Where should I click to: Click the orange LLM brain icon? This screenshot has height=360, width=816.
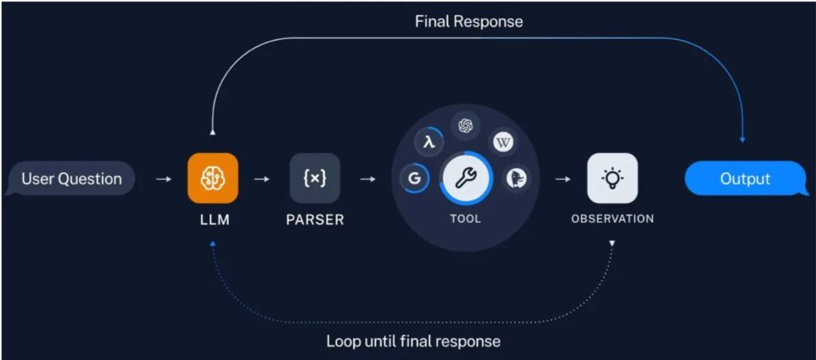pyautogui.click(x=213, y=178)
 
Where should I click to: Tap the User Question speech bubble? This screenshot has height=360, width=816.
pyautogui.click(x=71, y=179)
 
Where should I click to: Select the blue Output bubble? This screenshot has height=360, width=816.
pyautogui.click(x=746, y=179)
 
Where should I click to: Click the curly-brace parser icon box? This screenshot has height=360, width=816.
pyautogui.click(x=315, y=178)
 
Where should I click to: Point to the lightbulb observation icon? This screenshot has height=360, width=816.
pyautogui.click(x=612, y=178)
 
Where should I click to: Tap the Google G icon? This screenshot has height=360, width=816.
pyautogui.click(x=414, y=179)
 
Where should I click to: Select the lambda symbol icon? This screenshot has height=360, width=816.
pyautogui.click(x=430, y=143)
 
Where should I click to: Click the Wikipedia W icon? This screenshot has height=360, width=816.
pyautogui.click(x=503, y=143)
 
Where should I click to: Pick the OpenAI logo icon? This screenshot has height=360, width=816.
pyautogui.click(x=466, y=125)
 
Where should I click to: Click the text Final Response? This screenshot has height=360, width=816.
pyautogui.click(x=469, y=22)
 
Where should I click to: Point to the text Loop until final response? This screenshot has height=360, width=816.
pyautogui.click(x=414, y=342)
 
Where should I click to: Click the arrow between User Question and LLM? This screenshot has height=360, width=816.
pyautogui.click(x=163, y=179)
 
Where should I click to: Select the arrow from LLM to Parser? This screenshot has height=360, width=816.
pyautogui.click(x=261, y=179)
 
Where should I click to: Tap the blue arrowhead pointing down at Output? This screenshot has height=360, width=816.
pyautogui.click(x=742, y=140)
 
